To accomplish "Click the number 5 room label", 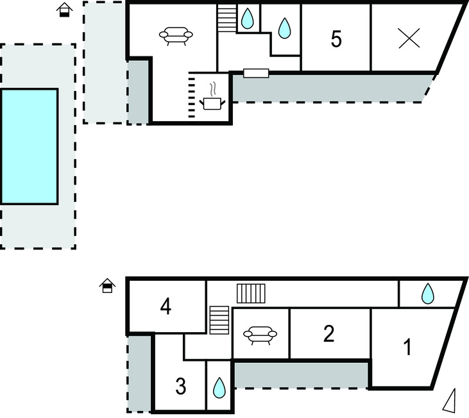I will (x=336, y=39).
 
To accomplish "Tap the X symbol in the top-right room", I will (x=409, y=39).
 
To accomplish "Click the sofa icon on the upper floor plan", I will (x=176, y=36).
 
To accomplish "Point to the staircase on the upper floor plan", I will (x=226, y=18).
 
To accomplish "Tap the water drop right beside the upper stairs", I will (x=247, y=19).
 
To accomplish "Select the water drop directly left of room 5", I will (x=284, y=28).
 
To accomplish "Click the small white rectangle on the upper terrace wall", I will (x=255, y=73).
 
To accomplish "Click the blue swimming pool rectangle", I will (x=29, y=146).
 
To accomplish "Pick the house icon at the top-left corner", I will (x=64, y=10).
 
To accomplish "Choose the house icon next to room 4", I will (x=107, y=286).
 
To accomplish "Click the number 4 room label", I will (x=166, y=308).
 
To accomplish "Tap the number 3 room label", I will (x=180, y=387).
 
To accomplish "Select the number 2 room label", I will (x=328, y=333).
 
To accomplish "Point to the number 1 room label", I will (x=406, y=348).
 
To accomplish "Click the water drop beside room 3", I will (x=219, y=387).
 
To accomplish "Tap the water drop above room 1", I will (x=427, y=294).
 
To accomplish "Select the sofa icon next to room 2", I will (x=260, y=334).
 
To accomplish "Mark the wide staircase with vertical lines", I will (x=251, y=294).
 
